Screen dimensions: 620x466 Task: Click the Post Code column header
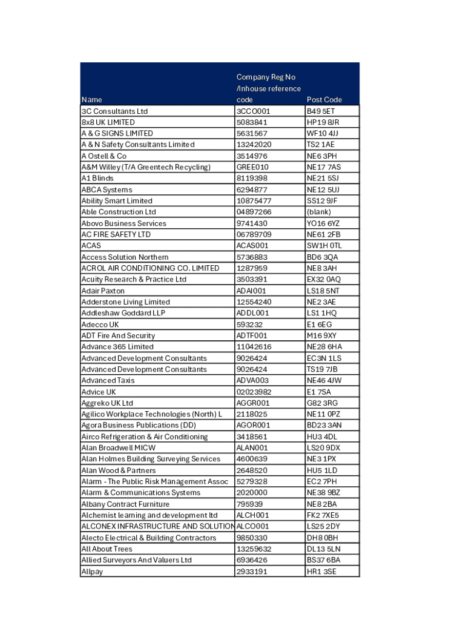pos(324,99)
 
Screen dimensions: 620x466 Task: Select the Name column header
pos(92,99)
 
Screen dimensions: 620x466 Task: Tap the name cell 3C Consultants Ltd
pos(114,111)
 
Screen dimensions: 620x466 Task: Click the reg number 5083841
pos(252,122)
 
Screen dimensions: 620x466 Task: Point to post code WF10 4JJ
pos(323,133)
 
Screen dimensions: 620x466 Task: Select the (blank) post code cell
pos(319,212)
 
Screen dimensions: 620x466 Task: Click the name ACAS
pos(91,246)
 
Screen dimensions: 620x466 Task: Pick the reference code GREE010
pos(253,167)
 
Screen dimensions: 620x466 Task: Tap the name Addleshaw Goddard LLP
pos(123,313)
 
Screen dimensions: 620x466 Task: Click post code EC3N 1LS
pos(324,358)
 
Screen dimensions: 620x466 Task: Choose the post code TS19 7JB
pos(322,369)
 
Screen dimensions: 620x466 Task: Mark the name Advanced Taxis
pos(108,380)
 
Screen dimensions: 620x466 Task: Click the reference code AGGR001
pos(253,403)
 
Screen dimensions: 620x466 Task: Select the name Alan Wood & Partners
pos(119,470)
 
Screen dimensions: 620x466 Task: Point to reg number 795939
pos(249,504)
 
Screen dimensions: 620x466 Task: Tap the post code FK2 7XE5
pos(323,515)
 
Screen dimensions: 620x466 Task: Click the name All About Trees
pos(107,549)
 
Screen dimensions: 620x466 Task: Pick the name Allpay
pos(92,572)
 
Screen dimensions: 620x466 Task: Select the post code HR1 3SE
pos(321,572)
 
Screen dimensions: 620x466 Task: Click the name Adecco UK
pos(100,325)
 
